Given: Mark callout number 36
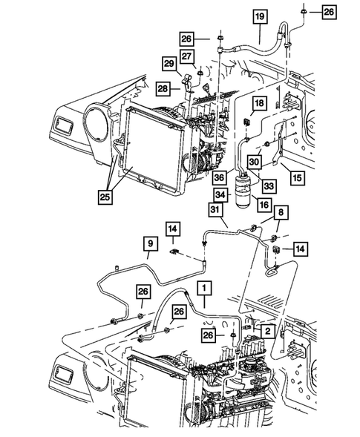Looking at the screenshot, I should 220,178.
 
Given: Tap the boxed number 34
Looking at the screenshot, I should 220,194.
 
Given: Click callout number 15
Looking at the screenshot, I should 296,178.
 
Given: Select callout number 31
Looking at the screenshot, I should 215,211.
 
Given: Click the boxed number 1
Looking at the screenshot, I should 203,285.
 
